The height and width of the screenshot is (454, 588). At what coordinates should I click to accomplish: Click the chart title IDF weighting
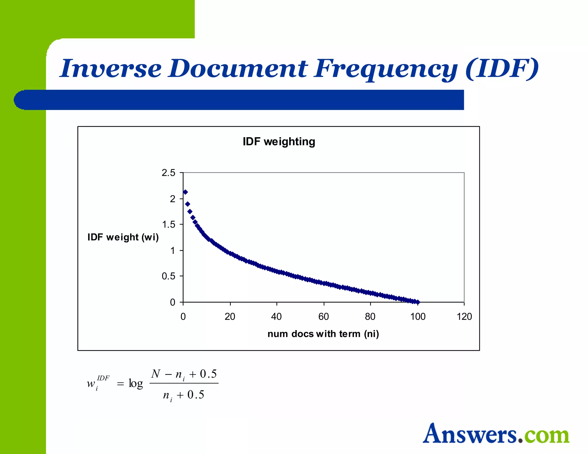coord(279,142)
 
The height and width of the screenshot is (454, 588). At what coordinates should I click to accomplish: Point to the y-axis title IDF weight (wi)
coord(123,237)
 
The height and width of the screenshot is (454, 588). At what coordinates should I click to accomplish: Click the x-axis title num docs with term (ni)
coord(323,334)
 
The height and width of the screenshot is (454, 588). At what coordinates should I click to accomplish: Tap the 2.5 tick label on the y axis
coord(168,173)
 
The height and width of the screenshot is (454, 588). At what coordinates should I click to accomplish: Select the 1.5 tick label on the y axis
coord(168,224)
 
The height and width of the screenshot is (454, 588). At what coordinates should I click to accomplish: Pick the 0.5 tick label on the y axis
coord(168,276)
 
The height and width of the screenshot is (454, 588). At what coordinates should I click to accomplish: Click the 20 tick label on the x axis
coord(230,317)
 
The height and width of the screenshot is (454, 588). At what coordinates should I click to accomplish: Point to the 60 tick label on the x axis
coord(323,317)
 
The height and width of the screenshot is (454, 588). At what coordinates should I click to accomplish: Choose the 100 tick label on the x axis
coord(417,317)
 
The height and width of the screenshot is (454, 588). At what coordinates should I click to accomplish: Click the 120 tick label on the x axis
coord(464,317)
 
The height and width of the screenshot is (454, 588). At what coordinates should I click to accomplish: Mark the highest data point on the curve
coord(185,192)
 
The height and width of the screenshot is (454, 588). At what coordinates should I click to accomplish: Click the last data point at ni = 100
coord(418,302)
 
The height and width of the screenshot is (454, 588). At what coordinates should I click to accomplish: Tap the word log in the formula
coord(136,383)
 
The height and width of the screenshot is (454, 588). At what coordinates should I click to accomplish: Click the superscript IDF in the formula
coord(103,378)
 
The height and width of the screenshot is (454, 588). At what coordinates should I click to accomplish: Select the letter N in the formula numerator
coord(156,374)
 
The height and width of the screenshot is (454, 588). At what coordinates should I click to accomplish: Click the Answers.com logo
coord(496,434)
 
